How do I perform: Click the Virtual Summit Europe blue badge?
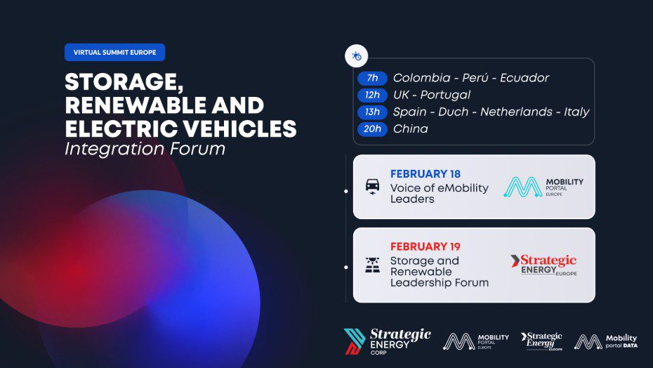[114, 52]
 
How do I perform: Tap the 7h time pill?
[372, 78]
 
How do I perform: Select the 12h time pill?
[372, 95]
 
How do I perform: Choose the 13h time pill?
[372, 112]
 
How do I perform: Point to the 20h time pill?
[372, 129]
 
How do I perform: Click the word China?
[410, 129]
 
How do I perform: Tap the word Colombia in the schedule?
[421, 78]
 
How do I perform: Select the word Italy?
[576, 112]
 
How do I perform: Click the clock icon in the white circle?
[357, 56]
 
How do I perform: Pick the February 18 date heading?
[426, 173]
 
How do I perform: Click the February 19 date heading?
[426, 247]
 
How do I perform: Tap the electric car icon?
[372, 187]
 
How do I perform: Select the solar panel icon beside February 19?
[372, 265]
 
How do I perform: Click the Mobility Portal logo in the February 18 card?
[543, 187]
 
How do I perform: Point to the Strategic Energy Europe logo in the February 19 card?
[543, 265]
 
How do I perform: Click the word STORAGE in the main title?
[124, 81]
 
